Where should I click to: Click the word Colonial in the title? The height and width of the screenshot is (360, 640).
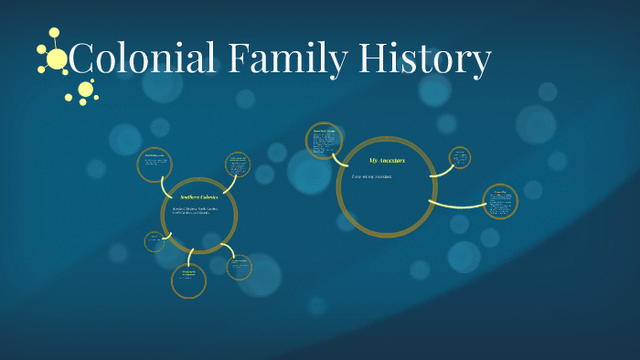tap(143, 60)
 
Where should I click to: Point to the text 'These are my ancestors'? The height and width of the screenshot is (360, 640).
tap(372, 176)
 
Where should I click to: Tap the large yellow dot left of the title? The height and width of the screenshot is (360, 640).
tap(57, 59)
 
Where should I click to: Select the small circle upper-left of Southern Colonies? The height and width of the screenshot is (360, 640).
tap(155, 164)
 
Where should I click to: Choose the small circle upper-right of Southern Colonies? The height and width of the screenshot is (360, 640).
tap(237, 164)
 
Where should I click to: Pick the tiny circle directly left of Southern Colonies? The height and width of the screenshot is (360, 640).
tap(155, 241)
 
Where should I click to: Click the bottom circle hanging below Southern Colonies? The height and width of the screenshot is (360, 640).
tap(188, 280)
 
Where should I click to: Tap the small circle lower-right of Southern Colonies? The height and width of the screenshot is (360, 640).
tap(240, 266)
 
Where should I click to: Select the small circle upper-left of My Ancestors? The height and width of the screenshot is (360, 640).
tap(325, 142)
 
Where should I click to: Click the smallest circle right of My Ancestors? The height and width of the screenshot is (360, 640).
tap(460, 157)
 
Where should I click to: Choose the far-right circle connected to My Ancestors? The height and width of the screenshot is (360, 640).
tap(500, 202)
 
